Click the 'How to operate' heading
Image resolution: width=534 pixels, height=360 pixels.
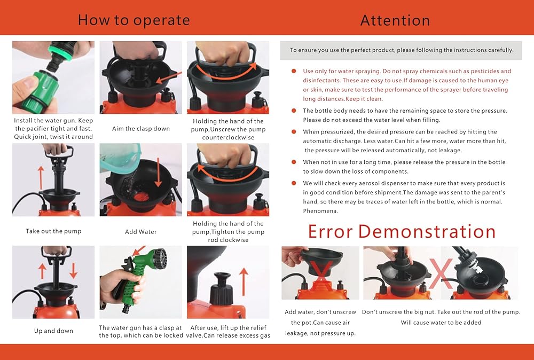coord(134,20)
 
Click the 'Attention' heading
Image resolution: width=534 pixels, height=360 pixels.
coord(395,20)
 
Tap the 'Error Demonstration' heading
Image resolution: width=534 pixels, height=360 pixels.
coord(402,231)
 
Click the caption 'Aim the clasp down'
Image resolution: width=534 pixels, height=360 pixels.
coord(140,129)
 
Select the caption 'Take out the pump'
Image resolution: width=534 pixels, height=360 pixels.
coord(53,231)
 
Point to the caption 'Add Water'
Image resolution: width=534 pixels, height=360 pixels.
coord(140,232)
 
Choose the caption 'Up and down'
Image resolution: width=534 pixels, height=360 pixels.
coord(53,331)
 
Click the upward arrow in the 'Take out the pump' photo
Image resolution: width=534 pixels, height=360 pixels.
coord(41,178)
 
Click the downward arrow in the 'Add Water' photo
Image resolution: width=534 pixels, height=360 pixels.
coord(158,173)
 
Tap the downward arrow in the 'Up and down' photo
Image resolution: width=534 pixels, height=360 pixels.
coord(73,270)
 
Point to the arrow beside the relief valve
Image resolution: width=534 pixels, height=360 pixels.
coord(244,281)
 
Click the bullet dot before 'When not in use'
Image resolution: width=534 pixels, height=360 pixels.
coord(294,162)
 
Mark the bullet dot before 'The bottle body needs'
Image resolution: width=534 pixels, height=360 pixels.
coord(294,111)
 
